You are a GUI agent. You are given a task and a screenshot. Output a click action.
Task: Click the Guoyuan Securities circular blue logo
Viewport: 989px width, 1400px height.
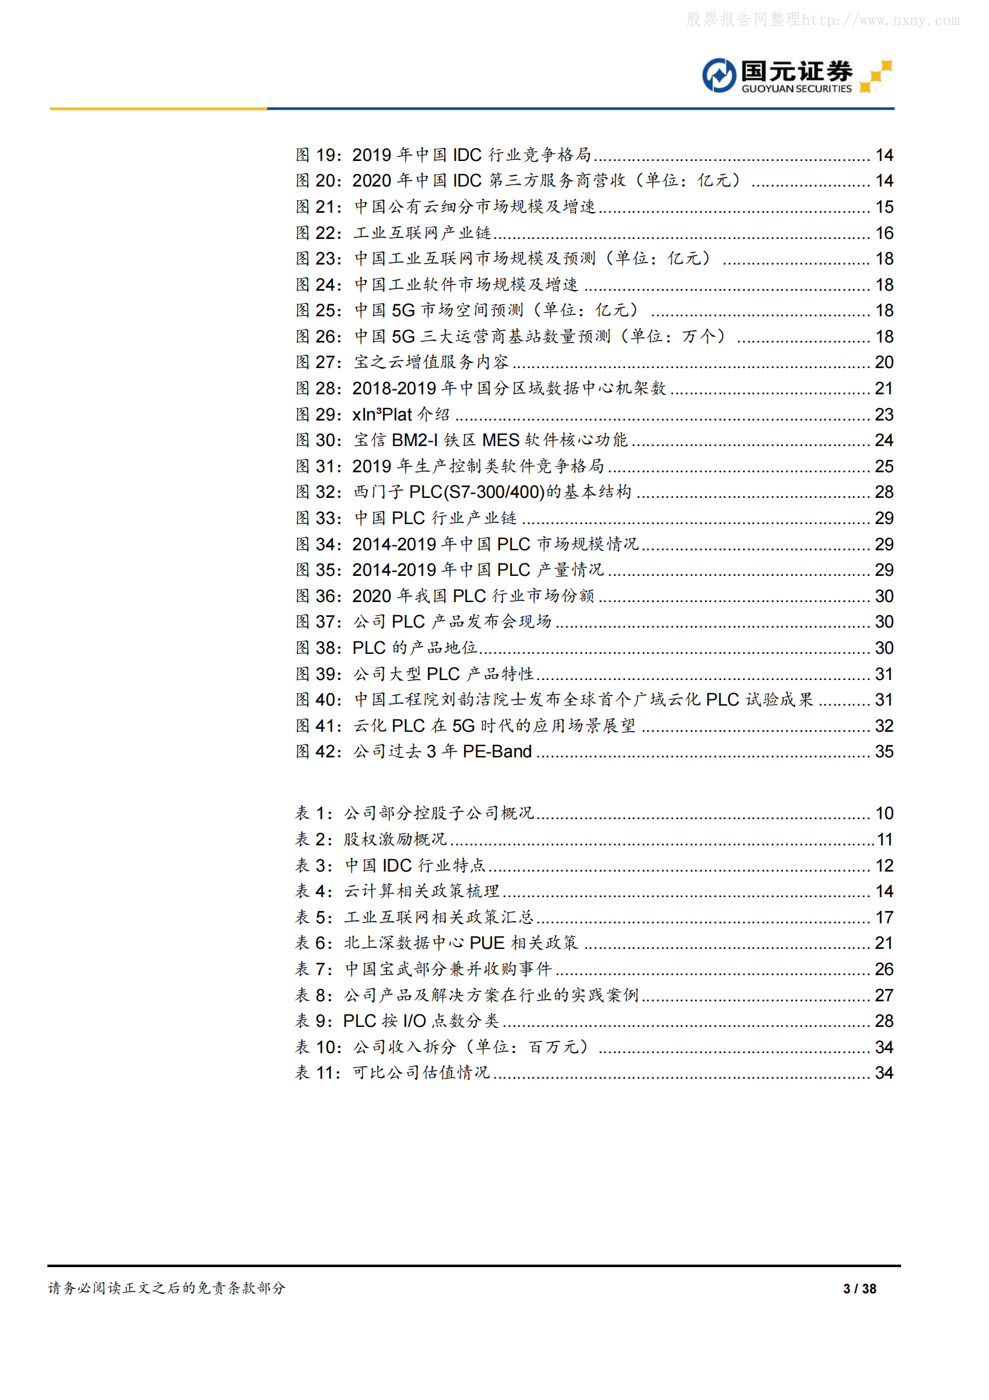(719, 75)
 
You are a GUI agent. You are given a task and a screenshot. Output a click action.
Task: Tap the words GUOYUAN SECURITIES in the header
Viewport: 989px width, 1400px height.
(796, 89)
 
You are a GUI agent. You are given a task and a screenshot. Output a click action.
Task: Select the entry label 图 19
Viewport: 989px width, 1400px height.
(318, 155)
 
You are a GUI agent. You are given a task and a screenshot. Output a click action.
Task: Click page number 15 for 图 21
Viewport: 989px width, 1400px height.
(884, 207)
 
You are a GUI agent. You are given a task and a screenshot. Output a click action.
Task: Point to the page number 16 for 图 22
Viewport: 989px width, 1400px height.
(884, 233)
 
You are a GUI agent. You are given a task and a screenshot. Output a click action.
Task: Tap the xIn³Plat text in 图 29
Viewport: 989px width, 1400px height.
(382, 414)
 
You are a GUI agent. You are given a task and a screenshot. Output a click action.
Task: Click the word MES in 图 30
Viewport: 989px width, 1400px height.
(501, 440)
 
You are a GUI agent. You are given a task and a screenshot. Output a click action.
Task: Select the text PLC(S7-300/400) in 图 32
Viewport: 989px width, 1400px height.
(477, 492)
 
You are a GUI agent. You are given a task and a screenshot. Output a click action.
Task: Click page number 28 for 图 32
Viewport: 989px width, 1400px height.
(884, 492)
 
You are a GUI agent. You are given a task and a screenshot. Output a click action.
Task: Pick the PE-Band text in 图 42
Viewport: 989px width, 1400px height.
(497, 752)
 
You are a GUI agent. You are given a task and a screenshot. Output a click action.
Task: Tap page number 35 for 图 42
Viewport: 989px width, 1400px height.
(884, 752)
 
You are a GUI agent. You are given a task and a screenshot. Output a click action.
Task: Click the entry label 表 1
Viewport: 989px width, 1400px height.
(313, 814)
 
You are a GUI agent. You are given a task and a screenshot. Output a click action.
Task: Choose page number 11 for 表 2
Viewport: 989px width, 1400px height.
(885, 840)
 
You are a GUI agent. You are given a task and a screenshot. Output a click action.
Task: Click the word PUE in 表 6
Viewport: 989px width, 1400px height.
(487, 943)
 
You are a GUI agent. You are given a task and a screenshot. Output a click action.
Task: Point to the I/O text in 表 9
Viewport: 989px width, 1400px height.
(414, 1021)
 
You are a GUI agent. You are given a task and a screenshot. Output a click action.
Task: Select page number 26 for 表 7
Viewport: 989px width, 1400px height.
(884, 970)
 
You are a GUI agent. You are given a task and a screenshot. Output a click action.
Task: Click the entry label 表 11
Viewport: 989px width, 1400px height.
(317, 1073)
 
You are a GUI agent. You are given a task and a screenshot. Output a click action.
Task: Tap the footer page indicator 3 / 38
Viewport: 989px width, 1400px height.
(859, 1289)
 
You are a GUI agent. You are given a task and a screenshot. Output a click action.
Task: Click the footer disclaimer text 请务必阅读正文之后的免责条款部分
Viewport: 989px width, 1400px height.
(166, 1288)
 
